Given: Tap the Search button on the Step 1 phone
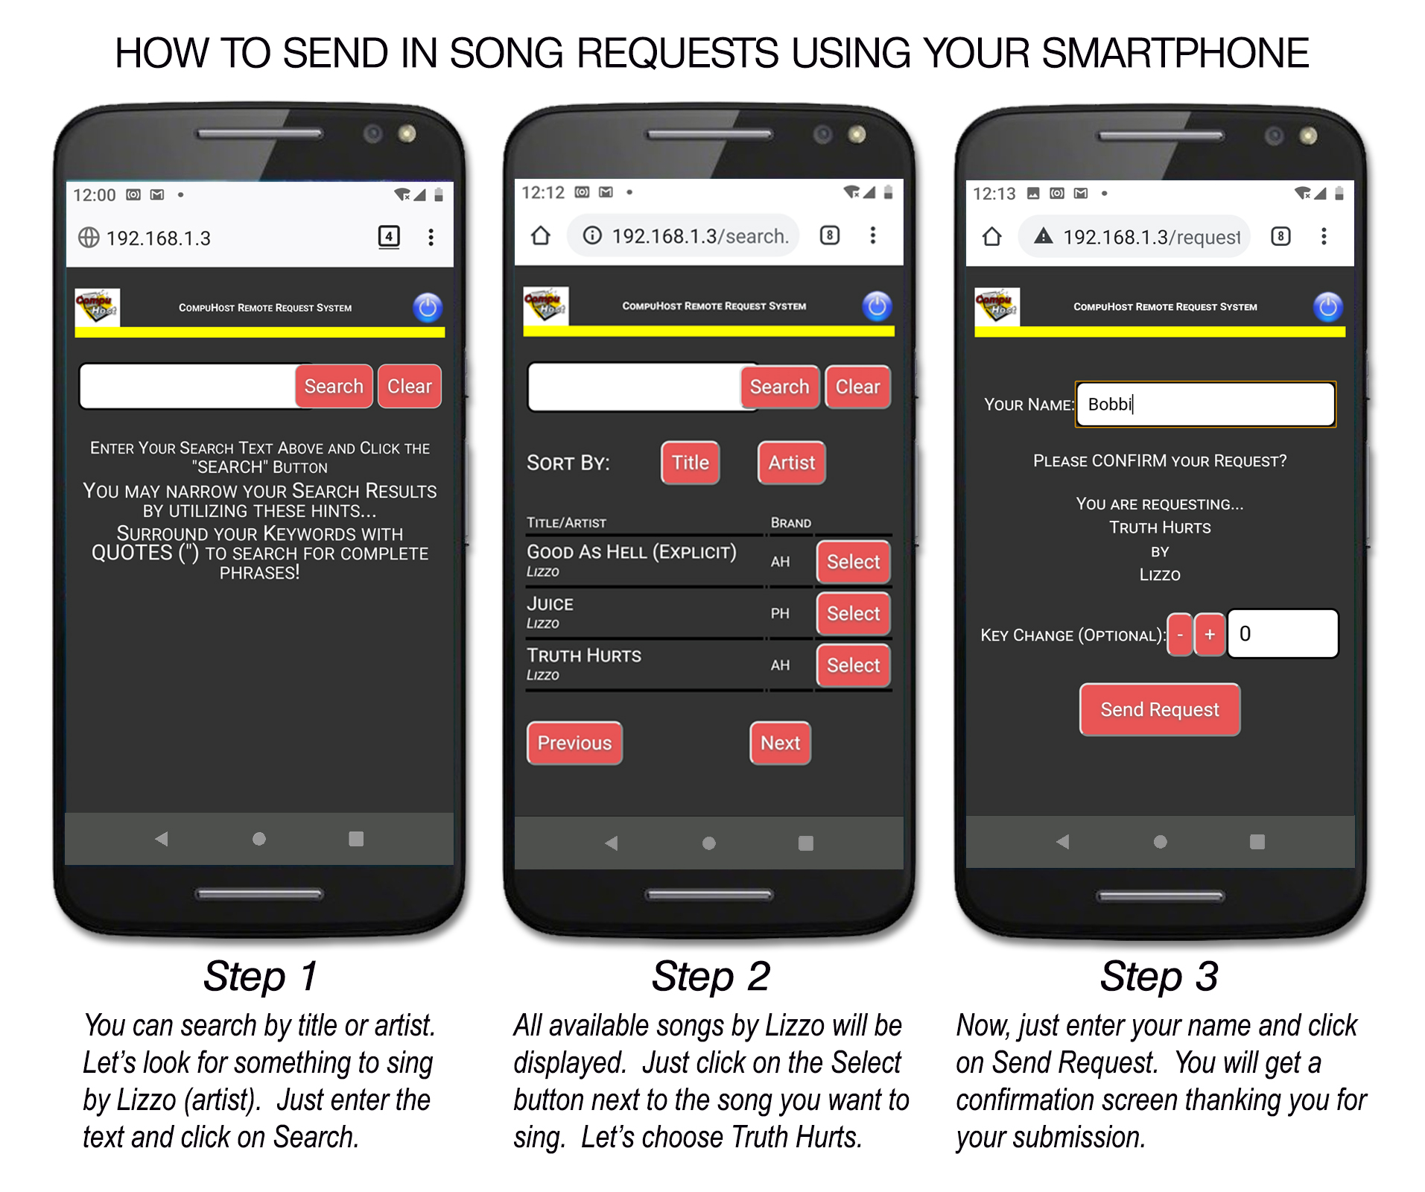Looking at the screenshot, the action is coord(334,386).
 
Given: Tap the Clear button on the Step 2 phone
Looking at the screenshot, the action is coord(857,387).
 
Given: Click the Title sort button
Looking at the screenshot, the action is coord(690,463).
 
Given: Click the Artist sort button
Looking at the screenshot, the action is coord(791,463).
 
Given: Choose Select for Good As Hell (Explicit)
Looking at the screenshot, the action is coord(853,562).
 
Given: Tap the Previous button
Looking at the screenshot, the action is coord(574,743).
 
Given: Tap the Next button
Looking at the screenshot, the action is coord(780,743).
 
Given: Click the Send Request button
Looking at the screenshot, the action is coord(1160,709).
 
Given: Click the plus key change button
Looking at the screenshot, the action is coord(1210,635).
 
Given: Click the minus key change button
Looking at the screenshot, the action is coord(1180,635).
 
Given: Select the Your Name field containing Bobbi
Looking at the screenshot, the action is coord(1205,405).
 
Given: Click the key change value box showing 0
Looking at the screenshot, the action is coord(1283,634).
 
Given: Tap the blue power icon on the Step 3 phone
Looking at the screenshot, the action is coord(1327,307).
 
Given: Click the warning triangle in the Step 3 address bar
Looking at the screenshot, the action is coord(1044,236).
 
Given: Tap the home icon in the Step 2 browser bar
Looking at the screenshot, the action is coord(541,235).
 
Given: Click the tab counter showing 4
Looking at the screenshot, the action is coord(389,237).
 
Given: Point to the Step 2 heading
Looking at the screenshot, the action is coord(711,976).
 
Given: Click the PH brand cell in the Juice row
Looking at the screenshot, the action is coord(780,613).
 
